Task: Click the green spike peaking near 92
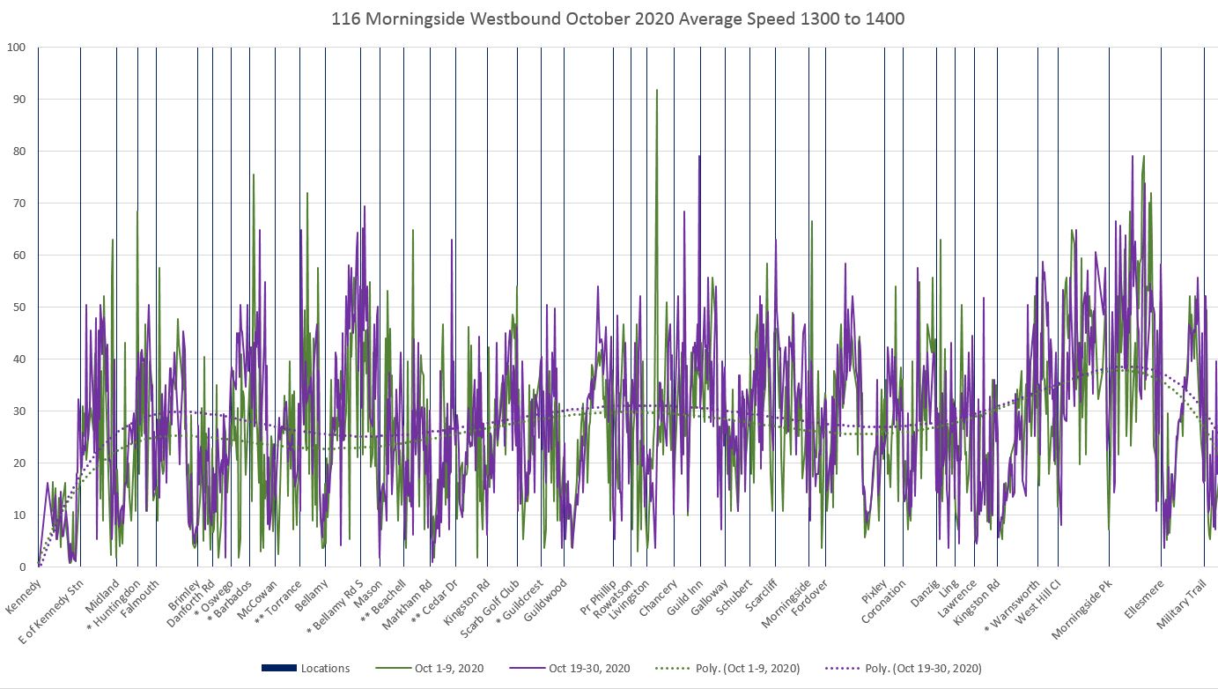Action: click(657, 91)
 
